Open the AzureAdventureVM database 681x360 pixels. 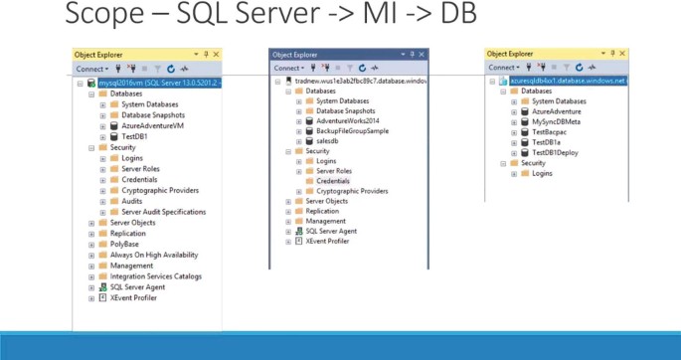click(x=153, y=126)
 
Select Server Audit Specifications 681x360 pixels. click(x=164, y=212)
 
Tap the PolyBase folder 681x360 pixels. click(x=124, y=244)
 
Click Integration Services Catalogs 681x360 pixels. click(x=156, y=276)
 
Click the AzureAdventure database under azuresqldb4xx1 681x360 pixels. click(x=557, y=111)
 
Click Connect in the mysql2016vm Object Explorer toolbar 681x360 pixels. click(x=90, y=69)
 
